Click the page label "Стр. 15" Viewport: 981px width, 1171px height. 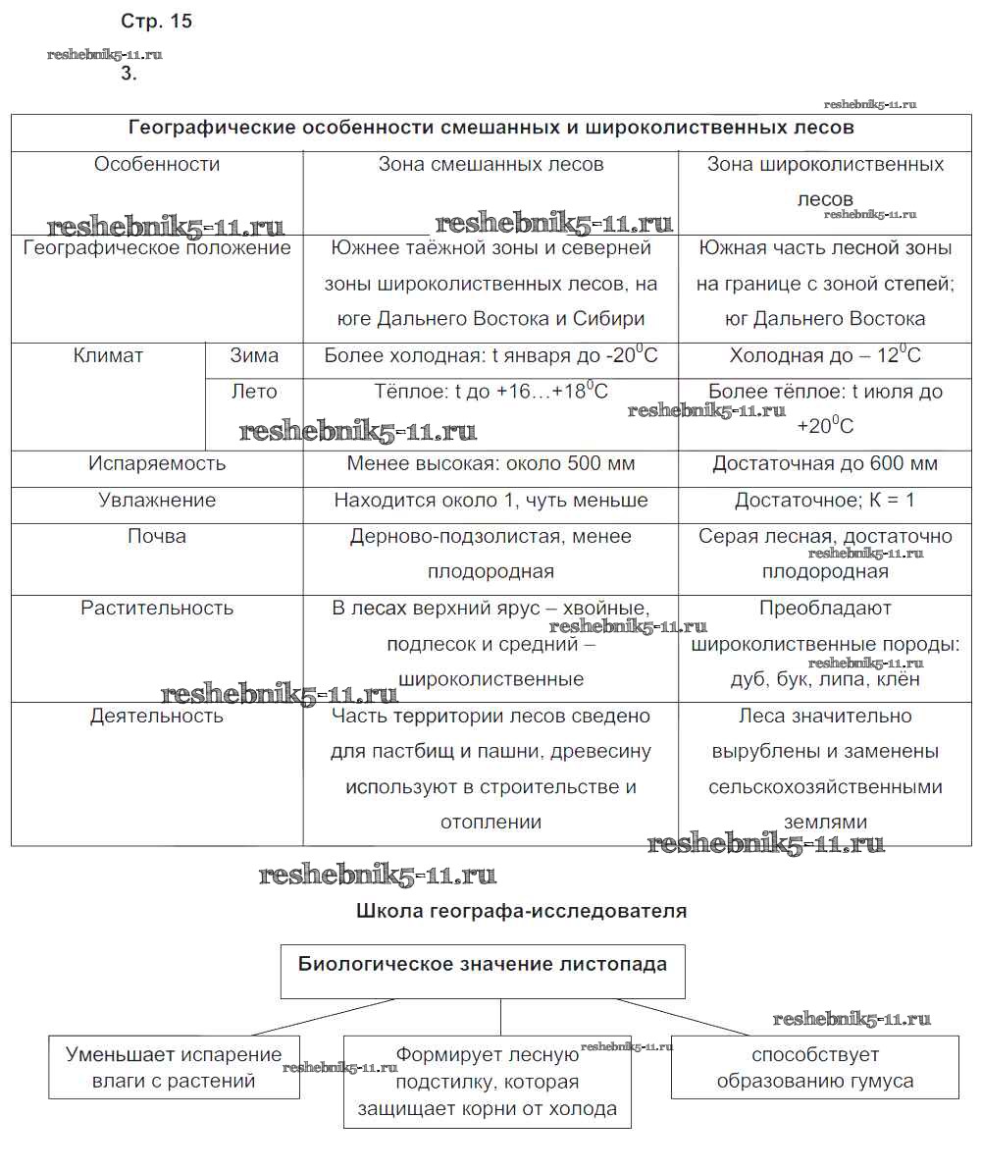[x=156, y=22]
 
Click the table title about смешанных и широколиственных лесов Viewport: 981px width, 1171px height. [x=491, y=129]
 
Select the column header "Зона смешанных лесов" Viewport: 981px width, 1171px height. [x=490, y=165]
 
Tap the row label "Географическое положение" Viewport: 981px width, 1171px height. [x=157, y=248]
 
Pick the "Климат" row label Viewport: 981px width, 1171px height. [x=108, y=356]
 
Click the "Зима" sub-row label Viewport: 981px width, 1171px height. [x=254, y=356]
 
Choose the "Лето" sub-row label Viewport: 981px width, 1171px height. [x=254, y=392]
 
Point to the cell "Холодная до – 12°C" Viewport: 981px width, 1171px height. [x=825, y=356]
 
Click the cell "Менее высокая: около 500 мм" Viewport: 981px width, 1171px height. [x=490, y=464]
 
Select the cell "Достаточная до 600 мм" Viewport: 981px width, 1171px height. [x=825, y=464]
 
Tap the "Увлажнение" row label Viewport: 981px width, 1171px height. [x=157, y=501]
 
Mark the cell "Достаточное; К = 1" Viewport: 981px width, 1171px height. [x=825, y=501]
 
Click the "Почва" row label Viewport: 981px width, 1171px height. [x=157, y=537]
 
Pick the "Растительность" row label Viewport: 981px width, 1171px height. [x=157, y=609]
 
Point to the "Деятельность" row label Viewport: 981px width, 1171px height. [x=157, y=717]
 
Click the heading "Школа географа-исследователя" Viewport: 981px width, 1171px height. [x=521, y=911]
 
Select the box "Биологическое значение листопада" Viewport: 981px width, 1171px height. [x=483, y=964]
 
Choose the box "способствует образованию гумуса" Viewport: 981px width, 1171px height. [x=814, y=1068]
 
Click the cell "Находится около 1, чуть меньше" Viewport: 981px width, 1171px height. [x=490, y=501]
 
